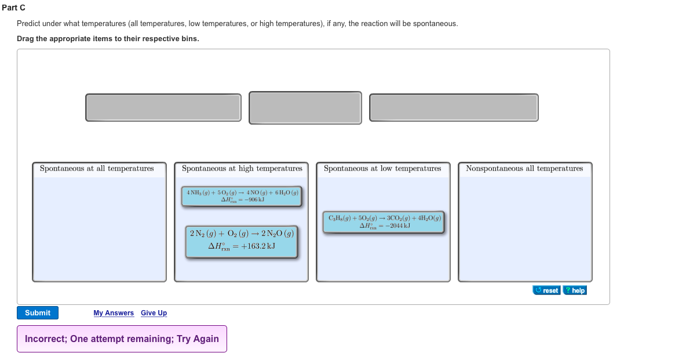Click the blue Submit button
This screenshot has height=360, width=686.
click(38, 313)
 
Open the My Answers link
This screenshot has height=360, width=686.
click(114, 313)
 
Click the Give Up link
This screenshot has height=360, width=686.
click(154, 313)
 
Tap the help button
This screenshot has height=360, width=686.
click(575, 290)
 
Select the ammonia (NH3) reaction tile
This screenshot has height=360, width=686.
click(242, 196)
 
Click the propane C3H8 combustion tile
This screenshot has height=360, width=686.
click(384, 221)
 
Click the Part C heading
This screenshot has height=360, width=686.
click(13, 8)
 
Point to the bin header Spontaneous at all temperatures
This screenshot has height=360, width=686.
click(97, 169)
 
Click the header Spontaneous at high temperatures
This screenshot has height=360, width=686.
click(242, 169)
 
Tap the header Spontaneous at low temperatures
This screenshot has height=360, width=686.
click(382, 169)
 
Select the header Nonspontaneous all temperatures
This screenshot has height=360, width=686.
click(524, 169)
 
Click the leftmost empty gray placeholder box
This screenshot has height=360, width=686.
click(163, 108)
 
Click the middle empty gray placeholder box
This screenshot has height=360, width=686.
click(305, 108)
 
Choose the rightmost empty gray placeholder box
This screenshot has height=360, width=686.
click(454, 108)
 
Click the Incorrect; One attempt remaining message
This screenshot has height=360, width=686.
click(122, 339)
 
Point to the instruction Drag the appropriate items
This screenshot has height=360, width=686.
click(108, 39)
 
